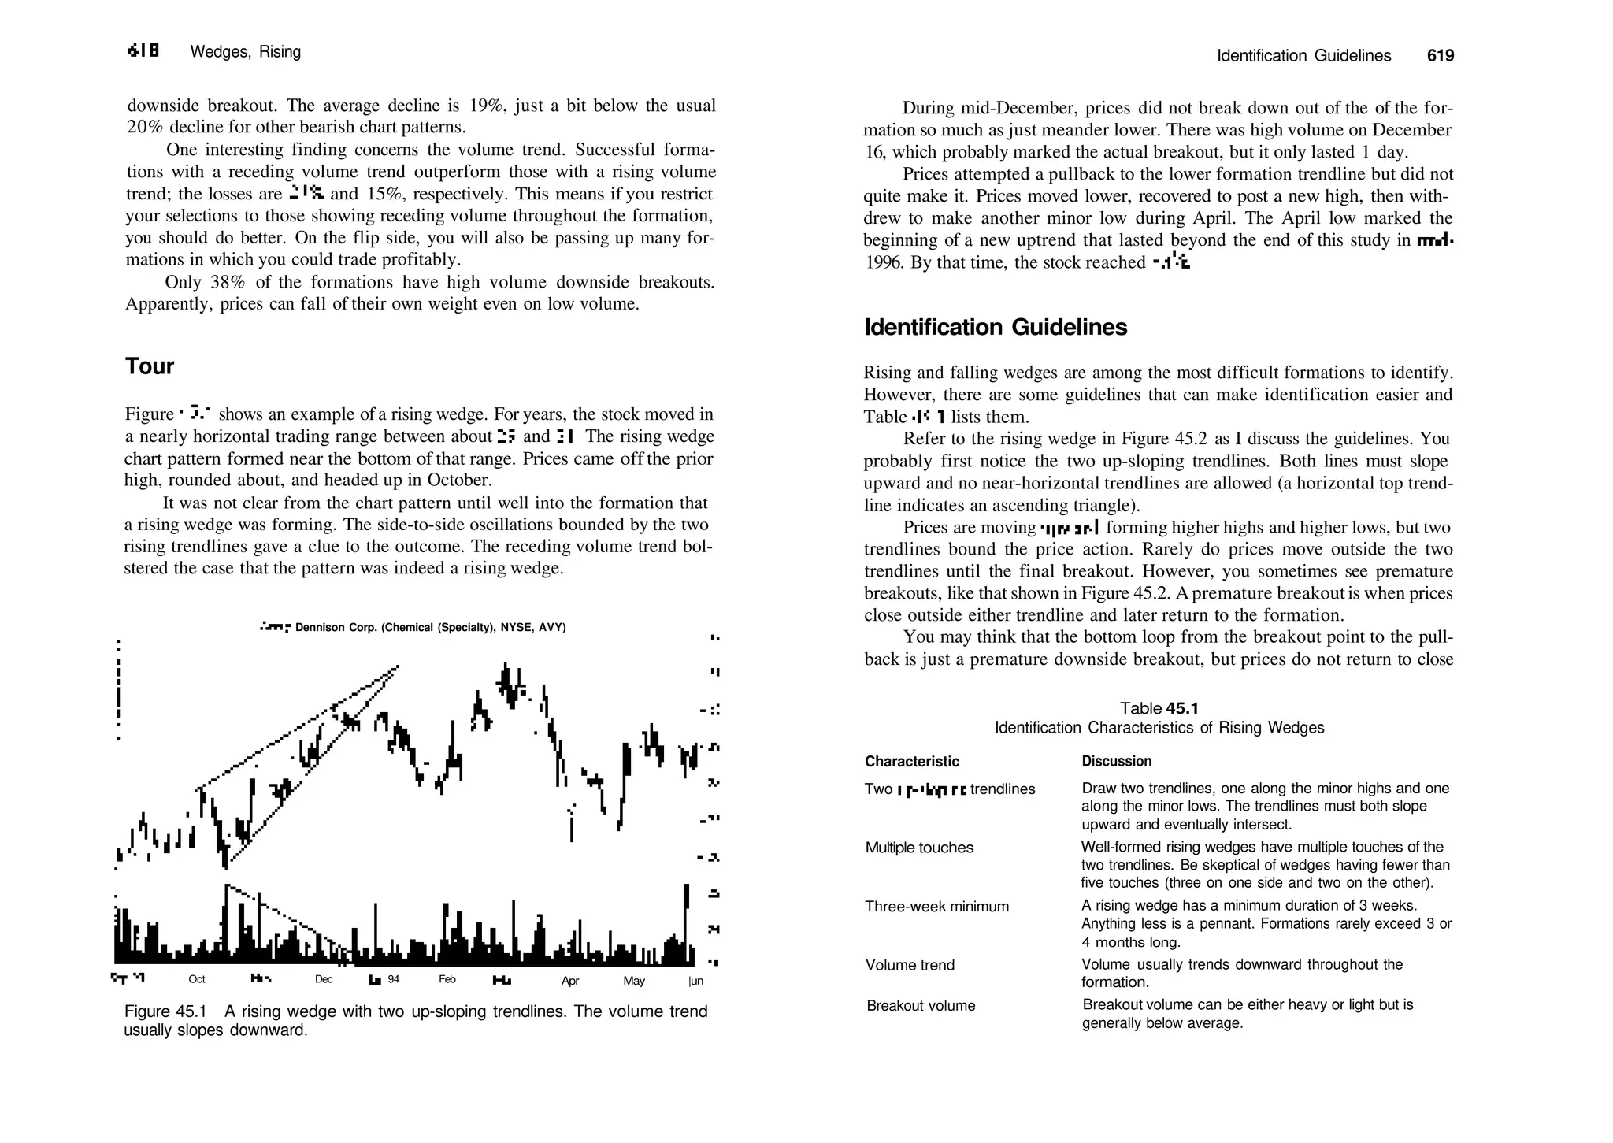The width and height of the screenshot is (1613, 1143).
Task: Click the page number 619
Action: point(1440,56)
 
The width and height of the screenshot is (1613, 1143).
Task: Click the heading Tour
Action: point(150,366)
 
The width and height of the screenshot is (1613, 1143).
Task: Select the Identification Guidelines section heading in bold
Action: point(996,328)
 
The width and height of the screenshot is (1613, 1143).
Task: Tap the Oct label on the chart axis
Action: point(197,979)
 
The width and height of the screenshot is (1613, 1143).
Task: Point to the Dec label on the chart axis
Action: point(324,979)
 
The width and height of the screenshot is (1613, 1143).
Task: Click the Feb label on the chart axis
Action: point(447,979)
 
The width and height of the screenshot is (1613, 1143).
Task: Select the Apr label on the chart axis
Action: point(570,981)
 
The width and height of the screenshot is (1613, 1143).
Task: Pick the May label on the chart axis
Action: point(634,981)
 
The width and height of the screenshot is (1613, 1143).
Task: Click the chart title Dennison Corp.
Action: point(429,628)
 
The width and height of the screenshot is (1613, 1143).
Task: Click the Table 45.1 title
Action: point(1159,708)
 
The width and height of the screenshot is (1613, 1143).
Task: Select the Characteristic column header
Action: point(912,762)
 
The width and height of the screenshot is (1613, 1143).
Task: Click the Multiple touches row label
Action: point(919,848)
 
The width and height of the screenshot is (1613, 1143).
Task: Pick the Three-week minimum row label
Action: point(936,907)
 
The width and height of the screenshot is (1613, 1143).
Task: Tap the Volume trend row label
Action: point(910,965)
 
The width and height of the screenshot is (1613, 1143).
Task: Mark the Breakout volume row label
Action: point(921,1006)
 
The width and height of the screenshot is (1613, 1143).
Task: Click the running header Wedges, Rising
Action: point(246,52)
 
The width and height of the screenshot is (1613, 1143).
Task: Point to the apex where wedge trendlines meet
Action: point(396,668)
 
